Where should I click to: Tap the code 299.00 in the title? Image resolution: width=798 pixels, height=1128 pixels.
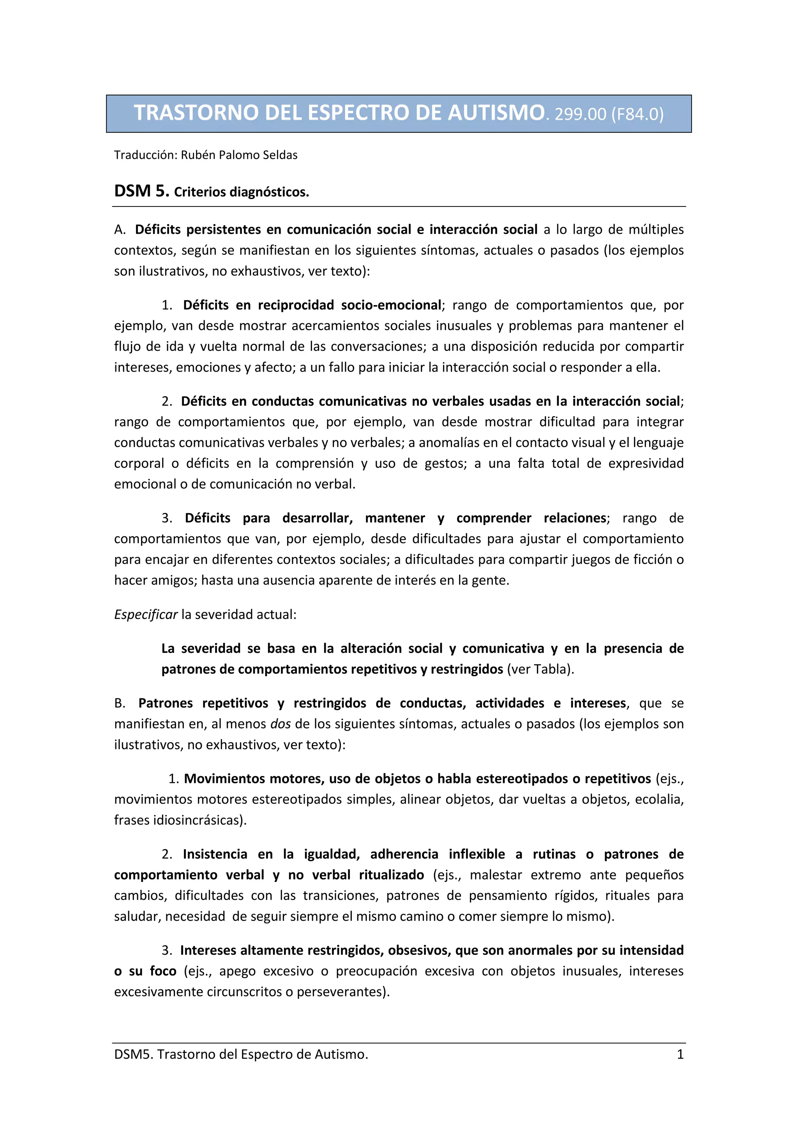[580, 115]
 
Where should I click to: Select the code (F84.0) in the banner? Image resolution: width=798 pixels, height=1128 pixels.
[637, 115]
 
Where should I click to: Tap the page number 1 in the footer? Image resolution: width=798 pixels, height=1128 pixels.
[680, 1054]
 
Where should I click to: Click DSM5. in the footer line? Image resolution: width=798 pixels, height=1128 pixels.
[133, 1054]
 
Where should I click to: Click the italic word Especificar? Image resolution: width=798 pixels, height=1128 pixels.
[145, 615]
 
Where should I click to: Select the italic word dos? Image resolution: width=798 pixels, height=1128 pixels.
[281, 724]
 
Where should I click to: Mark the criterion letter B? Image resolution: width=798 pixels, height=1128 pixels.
[119, 703]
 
